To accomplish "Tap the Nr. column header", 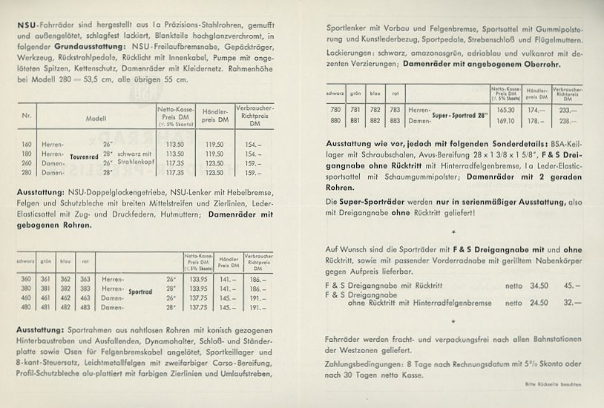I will (x=27, y=117).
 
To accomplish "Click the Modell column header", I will (x=96, y=117).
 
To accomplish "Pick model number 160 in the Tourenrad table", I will (x=27, y=144).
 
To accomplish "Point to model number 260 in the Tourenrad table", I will (x=27, y=162).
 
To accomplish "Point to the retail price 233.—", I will (x=568, y=109).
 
